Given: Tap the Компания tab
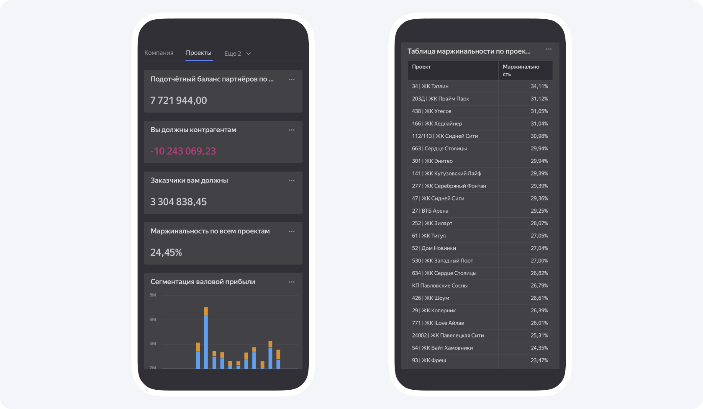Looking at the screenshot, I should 159,53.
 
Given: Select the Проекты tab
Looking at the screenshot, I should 198,53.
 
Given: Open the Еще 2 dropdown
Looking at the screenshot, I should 237,54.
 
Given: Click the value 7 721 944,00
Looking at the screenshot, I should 179,100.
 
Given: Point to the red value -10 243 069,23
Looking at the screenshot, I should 183,151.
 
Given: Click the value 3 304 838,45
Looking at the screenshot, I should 179,202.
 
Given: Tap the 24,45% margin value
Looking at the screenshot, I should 166,252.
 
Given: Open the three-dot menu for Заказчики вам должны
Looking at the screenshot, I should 292,181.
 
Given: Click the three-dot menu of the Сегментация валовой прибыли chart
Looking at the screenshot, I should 292,282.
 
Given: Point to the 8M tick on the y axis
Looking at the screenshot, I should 153,295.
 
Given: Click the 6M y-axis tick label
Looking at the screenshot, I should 153,319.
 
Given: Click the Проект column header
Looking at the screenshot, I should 421,67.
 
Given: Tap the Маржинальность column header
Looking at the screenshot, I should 521,70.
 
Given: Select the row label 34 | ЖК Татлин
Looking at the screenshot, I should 430,86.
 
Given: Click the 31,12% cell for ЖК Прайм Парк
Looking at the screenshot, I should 539,99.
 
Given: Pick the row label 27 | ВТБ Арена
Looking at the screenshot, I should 430,211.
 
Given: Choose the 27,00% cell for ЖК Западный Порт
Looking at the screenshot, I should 539,261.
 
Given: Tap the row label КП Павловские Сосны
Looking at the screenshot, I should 440,286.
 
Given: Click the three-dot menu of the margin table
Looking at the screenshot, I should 549,49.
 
